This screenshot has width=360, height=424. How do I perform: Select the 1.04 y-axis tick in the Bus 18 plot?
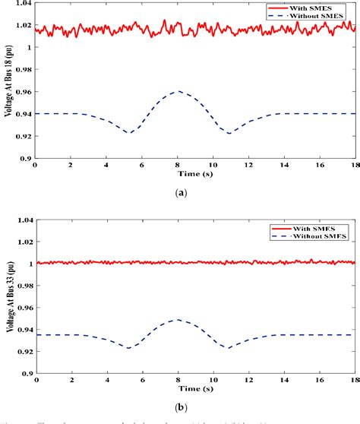[x=23, y=4]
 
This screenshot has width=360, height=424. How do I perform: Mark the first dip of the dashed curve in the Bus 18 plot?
[x=130, y=133]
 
